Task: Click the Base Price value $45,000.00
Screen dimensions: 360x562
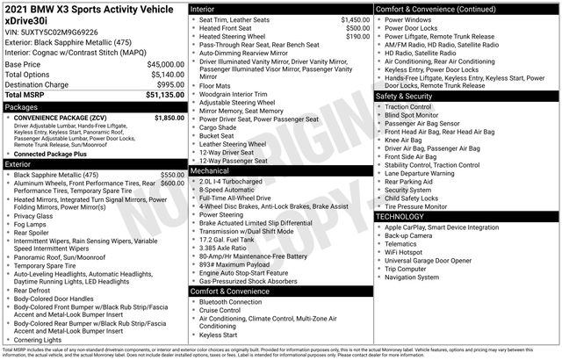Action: coord(159,65)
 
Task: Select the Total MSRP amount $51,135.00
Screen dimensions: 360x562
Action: coord(159,94)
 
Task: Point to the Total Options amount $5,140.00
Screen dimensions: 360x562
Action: coord(162,75)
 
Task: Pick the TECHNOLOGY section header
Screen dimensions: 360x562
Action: coord(405,216)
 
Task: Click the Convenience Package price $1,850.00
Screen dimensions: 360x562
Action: coord(169,117)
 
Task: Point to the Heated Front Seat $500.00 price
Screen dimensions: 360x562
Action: coord(353,28)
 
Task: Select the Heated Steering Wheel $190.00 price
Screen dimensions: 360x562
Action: coord(353,37)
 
